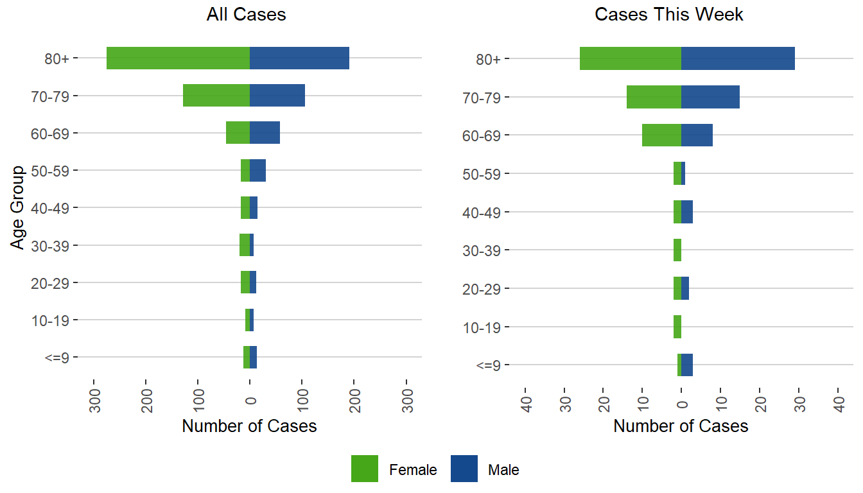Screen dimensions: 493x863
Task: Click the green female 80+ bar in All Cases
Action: pos(178,58)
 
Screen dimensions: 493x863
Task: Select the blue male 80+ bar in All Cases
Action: pos(299,58)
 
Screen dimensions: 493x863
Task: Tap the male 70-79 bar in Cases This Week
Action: pos(710,97)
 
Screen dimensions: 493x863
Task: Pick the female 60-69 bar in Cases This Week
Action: pos(661,135)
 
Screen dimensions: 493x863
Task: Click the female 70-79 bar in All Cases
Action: pos(216,96)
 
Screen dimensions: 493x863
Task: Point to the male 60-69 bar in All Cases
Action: pos(265,133)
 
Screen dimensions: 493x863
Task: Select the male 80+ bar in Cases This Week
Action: pos(738,58)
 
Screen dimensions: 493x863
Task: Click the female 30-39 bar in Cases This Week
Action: pos(677,250)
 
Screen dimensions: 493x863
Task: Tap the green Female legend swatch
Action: pos(365,469)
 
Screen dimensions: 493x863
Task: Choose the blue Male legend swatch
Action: pos(464,469)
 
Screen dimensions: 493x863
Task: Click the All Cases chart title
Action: pos(246,15)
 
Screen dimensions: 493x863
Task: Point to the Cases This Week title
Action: pos(669,15)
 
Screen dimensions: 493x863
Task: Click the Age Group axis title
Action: pos(18,207)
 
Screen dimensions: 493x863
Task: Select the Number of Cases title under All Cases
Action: pos(249,426)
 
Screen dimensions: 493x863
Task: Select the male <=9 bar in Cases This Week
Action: pos(687,365)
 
